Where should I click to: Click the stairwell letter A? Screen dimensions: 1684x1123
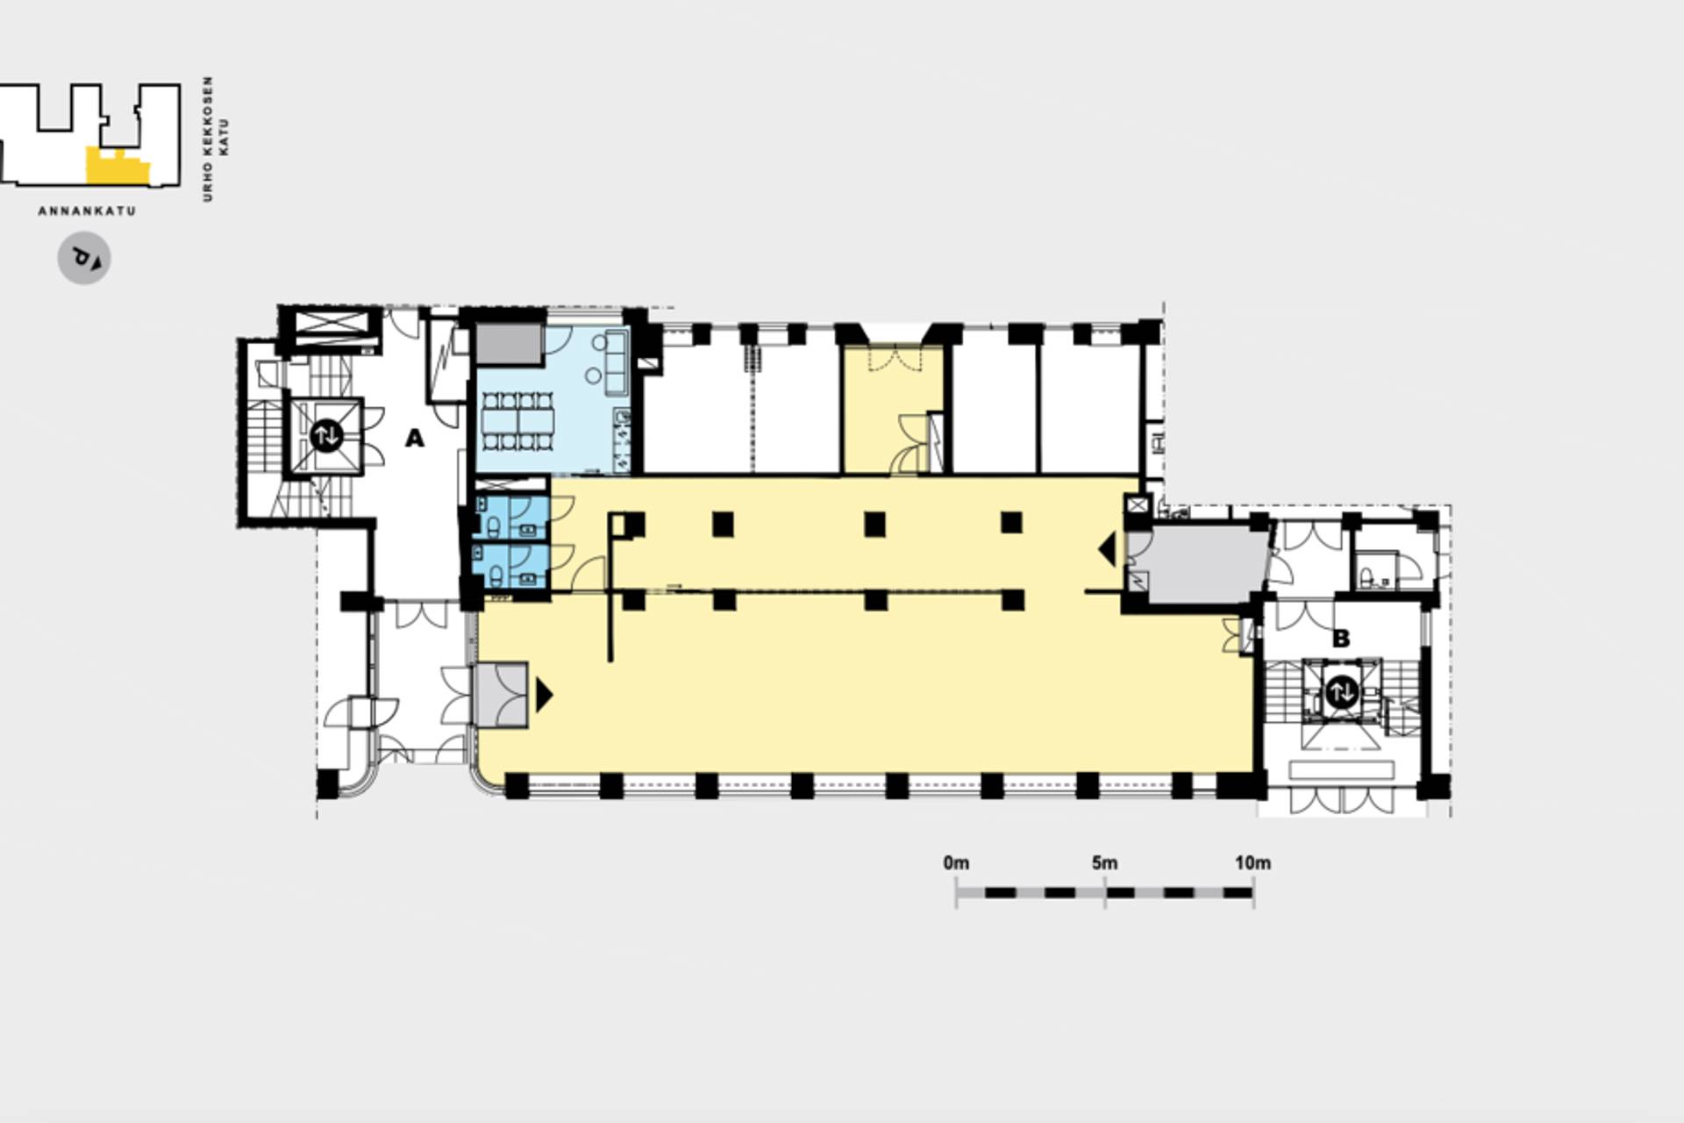click(x=414, y=438)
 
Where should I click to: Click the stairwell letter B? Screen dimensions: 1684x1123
click(x=1340, y=639)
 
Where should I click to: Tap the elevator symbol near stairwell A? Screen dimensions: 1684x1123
click(x=326, y=435)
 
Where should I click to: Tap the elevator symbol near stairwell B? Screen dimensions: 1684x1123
click(x=1341, y=692)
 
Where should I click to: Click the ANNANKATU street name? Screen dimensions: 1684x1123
click(x=87, y=211)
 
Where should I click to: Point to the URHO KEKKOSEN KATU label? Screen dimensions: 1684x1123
click(x=216, y=139)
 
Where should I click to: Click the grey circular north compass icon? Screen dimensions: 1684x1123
click(x=84, y=259)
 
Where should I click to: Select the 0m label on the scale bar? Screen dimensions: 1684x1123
click(x=956, y=862)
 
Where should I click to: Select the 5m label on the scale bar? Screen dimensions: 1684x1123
click(x=1104, y=862)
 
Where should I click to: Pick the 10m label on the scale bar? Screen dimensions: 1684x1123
click(x=1252, y=862)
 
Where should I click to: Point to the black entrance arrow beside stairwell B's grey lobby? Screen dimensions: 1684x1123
click(x=1107, y=549)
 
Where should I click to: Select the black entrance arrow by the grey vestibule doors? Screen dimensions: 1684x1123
click(x=545, y=695)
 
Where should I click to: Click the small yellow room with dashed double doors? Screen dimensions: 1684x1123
click(x=893, y=410)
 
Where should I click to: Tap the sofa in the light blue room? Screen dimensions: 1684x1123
click(x=616, y=362)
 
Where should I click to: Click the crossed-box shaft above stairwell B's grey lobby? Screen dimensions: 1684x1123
click(x=1137, y=504)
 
